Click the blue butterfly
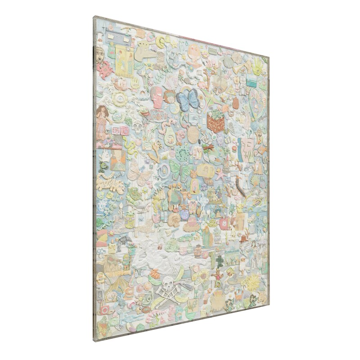188,99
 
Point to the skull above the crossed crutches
168,283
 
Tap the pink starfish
220,175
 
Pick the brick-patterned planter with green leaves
216,121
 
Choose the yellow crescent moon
161,42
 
